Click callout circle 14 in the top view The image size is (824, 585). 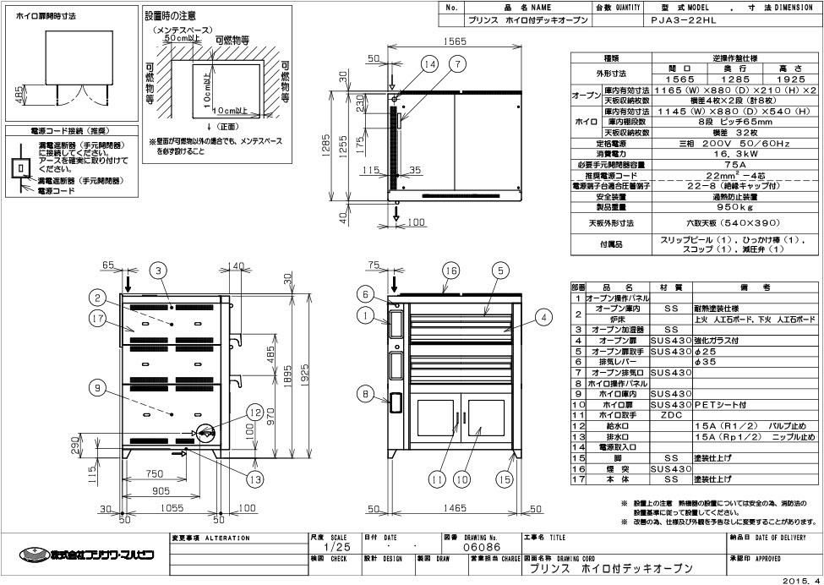coord(431,63)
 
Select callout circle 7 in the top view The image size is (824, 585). coord(456,63)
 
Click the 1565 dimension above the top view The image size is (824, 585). coord(458,41)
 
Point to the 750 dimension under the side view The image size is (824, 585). coord(154,474)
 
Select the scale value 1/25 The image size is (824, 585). coord(324,548)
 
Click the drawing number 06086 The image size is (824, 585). coord(461,548)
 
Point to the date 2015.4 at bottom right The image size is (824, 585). coord(801,579)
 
